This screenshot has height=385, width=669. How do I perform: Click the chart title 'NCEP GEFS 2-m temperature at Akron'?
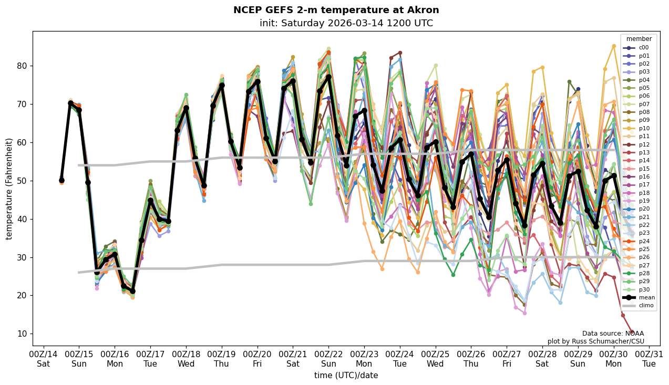click(x=336, y=11)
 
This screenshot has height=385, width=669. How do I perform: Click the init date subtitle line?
click(x=346, y=24)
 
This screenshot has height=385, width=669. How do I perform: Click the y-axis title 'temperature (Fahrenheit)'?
click(x=9, y=189)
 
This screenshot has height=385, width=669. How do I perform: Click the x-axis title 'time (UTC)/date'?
click(x=346, y=376)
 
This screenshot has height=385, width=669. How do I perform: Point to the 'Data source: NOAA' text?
click(x=613, y=334)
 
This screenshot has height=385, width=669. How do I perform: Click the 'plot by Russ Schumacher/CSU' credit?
click(x=595, y=341)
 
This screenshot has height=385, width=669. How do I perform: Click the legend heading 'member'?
click(x=639, y=39)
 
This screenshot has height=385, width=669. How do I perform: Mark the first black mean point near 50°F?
click(x=61, y=180)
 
